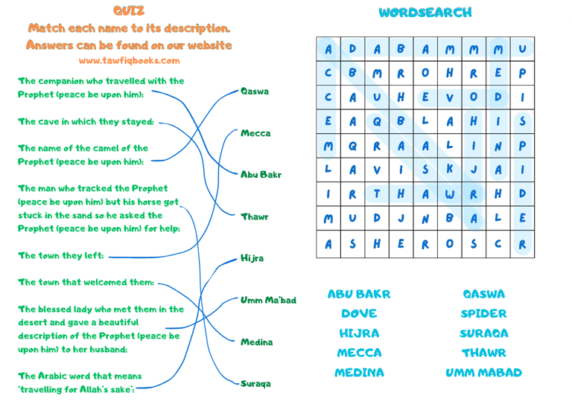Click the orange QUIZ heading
(x=129, y=10)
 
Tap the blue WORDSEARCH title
(x=425, y=13)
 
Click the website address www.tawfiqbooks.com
(x=129, y=60)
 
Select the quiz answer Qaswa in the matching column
(x=255, y=92)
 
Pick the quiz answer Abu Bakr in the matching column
(x=260, y=175)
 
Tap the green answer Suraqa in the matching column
(x=255, y=384)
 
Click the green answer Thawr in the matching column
(x=254, y=217)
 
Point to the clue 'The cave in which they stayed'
(x=86, y=121)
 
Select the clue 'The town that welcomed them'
(x=86, y=283)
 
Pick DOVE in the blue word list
(x=359, y=314)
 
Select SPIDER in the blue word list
(x=483, y=314)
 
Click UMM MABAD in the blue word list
(x=483, y=372)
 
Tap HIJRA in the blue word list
(x=359, y=333)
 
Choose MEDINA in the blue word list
(x=359, y=372)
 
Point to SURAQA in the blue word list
(x=483, y=333)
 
